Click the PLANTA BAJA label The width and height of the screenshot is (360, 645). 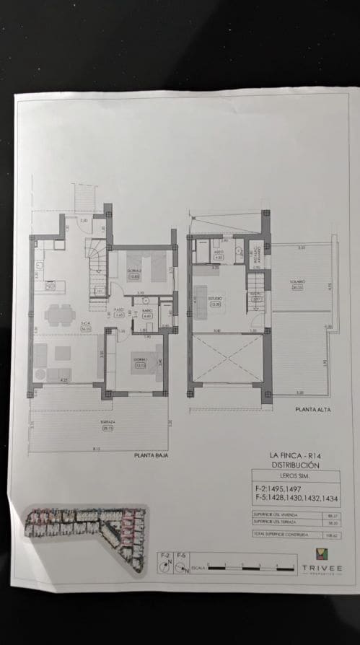pos(151,455)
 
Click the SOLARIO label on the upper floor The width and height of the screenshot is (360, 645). pos(298,284)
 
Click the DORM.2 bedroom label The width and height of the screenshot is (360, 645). pos(134,273)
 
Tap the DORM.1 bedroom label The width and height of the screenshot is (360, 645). pos(140,361)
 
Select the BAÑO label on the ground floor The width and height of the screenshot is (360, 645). pos(147,314)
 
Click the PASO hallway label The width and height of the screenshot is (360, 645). pos(119,314)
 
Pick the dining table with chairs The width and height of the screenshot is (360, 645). pos(57,315)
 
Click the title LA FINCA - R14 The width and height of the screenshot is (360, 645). pos(295,455)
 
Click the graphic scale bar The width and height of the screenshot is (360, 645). pos(249,569)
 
